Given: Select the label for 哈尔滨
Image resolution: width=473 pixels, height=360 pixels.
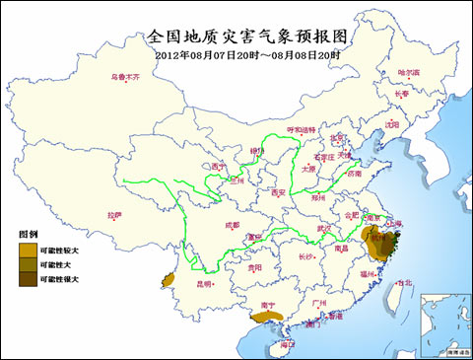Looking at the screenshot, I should (407, 73).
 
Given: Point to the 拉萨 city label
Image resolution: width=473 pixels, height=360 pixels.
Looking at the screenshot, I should (115, 214).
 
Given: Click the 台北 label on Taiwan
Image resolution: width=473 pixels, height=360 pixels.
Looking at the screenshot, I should (404, 282).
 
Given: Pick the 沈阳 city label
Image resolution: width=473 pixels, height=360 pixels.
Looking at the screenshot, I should (392, 125).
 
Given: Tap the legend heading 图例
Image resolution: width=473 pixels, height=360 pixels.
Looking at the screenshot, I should (28, 236).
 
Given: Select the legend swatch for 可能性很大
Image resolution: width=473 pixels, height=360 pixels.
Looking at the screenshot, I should (27, 280).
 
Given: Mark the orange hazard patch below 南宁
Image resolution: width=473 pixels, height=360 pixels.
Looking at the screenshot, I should (265, 317).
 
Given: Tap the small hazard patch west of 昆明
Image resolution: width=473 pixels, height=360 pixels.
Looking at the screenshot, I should (169, 280).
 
